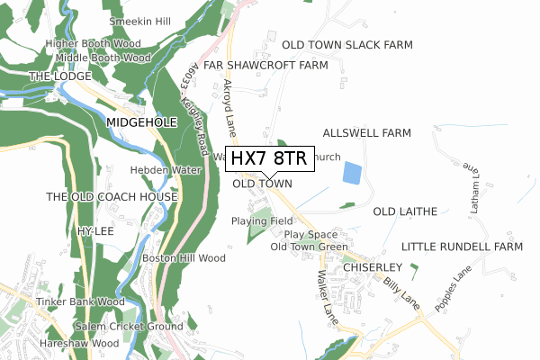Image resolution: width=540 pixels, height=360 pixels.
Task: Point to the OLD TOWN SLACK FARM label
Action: tap(347, 44)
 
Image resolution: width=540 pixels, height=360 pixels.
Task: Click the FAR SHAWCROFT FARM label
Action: tap(265, 66)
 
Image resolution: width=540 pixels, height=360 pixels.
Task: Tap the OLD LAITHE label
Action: tap(404, 211)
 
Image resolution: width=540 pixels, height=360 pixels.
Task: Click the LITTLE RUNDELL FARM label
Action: tap(462, 247)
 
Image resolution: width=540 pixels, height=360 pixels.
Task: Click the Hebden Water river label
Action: tap(165, 169)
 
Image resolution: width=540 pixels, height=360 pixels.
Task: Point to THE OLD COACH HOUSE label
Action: tap(112, 196)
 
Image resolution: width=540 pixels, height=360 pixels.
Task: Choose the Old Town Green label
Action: tap(309, 247)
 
